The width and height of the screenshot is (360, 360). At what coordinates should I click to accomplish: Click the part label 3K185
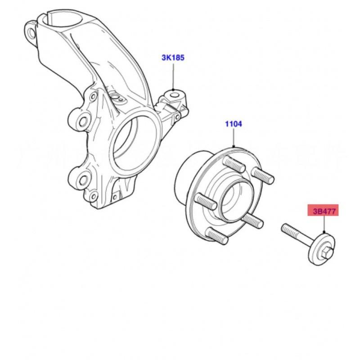coord(173,58)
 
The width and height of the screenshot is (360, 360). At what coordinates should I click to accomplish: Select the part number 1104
coord(233,124)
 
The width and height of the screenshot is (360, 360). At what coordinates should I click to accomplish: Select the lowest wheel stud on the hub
coord(217,235)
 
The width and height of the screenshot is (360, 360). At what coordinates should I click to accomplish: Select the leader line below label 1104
coord(234,138)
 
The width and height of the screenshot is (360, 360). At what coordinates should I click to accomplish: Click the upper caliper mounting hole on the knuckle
coord(83,121)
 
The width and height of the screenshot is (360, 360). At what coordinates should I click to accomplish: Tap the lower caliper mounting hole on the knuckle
coord(84,180)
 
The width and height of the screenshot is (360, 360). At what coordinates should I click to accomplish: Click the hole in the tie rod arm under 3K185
coord(175,95)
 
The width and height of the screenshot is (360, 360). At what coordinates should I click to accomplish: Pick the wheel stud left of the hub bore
coord(206,201)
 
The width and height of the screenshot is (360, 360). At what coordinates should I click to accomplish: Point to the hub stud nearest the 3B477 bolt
coord(252,219)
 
